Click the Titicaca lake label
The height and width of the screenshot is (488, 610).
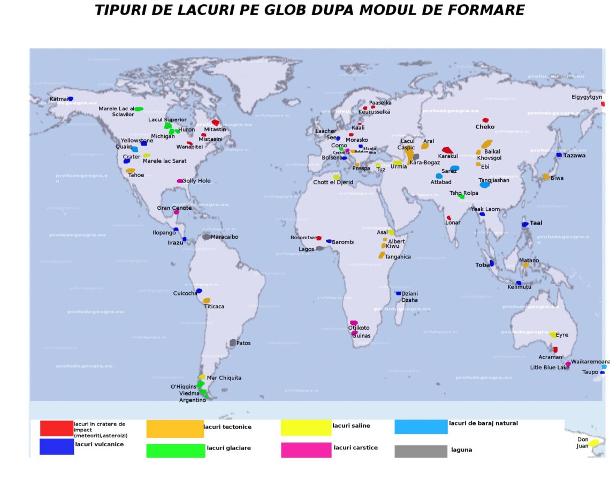pos(214,307)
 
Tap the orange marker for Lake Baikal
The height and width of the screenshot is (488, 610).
pos(486,144)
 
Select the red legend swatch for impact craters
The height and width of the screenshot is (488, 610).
pos(56,428)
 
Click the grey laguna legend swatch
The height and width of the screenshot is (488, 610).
pos(421,451)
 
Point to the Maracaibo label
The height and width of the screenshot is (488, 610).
pos(224,237)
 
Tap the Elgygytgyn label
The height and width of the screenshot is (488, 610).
pos(586,97)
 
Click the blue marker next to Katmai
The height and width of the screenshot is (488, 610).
pos(70,99)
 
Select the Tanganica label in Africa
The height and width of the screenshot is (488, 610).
pos(398,257)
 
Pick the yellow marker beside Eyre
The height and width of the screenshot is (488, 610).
pos(553,334)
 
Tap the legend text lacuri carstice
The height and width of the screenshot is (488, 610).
pos(355,447)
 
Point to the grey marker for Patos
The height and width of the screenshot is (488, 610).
pos(233,342)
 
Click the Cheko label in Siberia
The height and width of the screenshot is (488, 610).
pos(485,127)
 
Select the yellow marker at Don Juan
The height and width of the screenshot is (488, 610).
pos(594,443)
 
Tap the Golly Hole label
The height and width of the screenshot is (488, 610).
pos(196,181)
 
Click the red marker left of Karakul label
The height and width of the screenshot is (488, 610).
pos(447,150)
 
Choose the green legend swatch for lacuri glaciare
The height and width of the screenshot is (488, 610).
pos(176,451)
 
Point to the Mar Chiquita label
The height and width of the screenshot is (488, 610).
pos(224,378)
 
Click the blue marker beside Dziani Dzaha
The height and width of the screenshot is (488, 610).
pos(398,293)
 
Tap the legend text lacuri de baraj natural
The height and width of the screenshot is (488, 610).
pos(483,423)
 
